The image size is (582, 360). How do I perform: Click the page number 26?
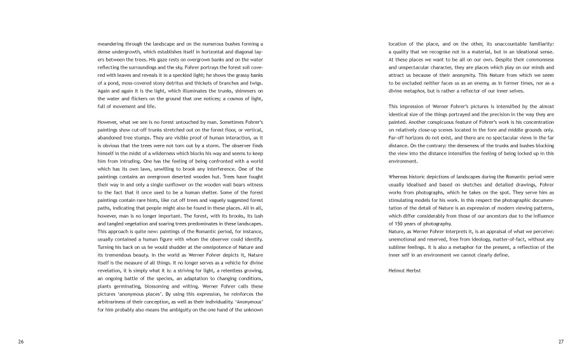(x=21, y=342)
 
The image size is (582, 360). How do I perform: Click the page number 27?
(x=561, y=342)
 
